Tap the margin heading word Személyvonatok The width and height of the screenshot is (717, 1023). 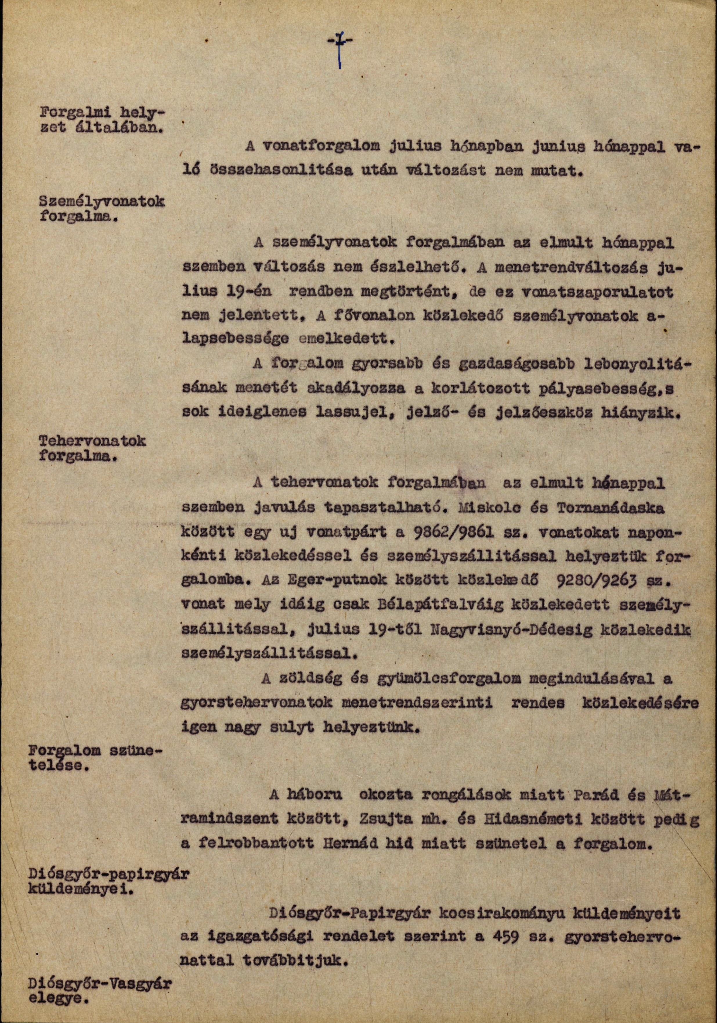(102, 203)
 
